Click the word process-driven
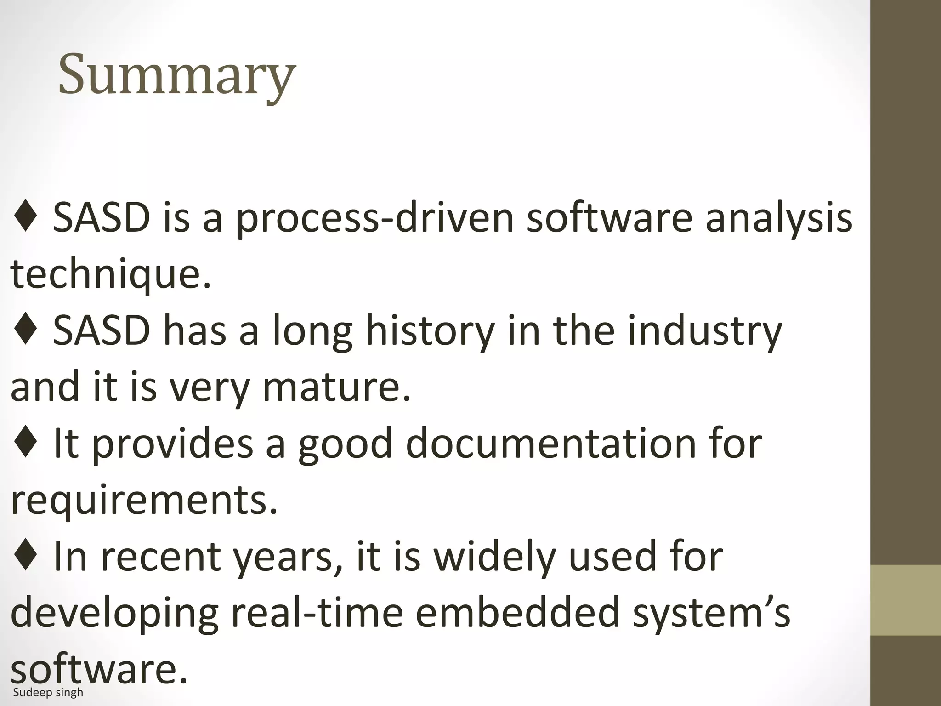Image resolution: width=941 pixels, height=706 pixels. click(374, 218)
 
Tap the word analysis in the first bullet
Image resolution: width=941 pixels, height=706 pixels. click(778, 218)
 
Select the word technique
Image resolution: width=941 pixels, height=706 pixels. click(110, 274)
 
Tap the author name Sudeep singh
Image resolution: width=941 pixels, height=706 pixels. click(48, 693)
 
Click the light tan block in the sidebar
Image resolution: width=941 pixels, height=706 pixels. click(906, 600)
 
